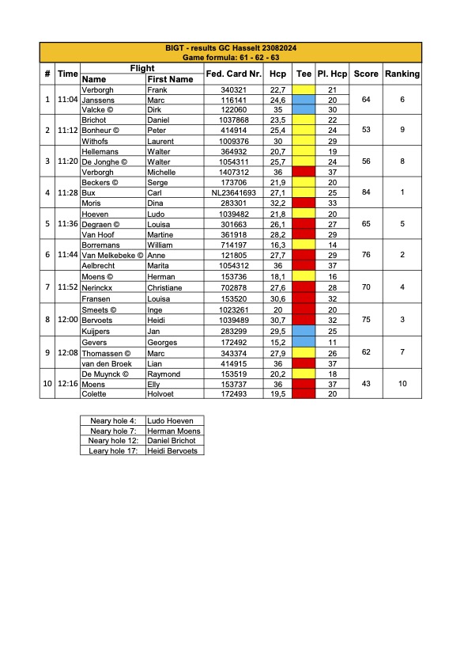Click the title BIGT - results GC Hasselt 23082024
pos(231,49)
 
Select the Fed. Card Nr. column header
pos(232,74)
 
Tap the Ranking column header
pos(402,74)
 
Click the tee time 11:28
pos(68,192)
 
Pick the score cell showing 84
pos(365,192)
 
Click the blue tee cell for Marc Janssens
pos(304,101)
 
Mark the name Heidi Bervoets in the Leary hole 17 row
pos(173,450)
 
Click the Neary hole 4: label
pos(112,420)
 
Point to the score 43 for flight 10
pos(365,383)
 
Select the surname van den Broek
pos(107,363)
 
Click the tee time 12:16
pos(68,383)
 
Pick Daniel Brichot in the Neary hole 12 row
pos(173,440)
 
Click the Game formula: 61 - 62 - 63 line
pos(231,59)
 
